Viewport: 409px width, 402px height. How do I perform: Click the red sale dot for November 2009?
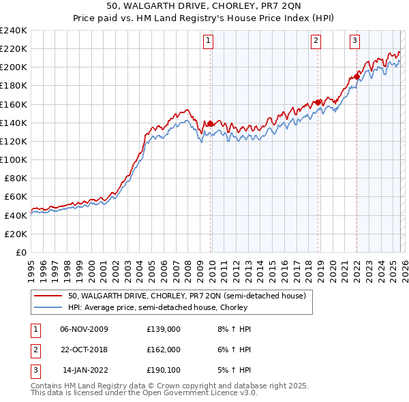210,123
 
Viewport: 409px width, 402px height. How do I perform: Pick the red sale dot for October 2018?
318,102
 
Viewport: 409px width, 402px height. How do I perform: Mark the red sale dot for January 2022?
357,76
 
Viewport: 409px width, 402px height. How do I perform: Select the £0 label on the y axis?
20,252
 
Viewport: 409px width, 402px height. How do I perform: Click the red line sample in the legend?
48,296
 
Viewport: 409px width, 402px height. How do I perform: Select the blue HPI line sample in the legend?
48,307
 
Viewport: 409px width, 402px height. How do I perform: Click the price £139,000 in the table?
163,329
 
